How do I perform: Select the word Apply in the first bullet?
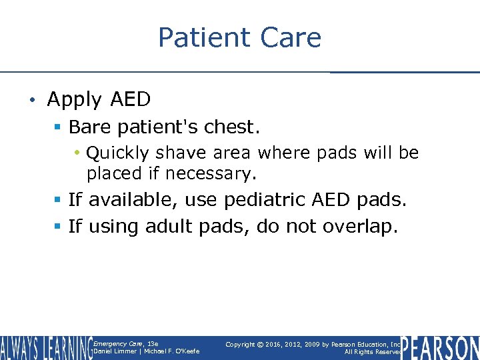(x=74, y=100)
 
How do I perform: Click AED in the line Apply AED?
(x=129, y=99)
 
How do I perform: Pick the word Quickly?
(x=118, y=153)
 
